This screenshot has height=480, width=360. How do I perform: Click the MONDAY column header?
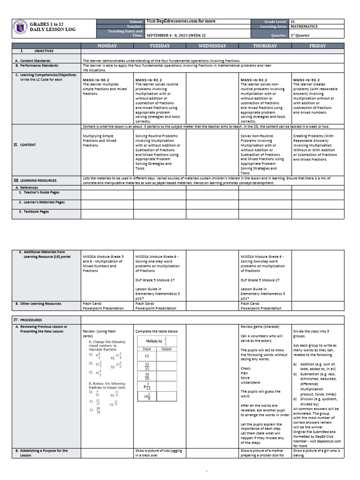click(x=107, y=45)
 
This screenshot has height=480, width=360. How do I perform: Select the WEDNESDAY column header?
click(x=212, y=45)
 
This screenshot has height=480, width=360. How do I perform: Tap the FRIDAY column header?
click(x=318, y=45)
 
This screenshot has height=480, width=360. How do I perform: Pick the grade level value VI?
click(x=292, y=22)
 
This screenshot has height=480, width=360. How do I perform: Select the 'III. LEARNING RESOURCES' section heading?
click(x=35, y=180)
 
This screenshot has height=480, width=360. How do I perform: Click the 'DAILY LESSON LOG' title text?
click(x=52, y=30)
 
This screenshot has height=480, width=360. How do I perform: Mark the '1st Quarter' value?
click(x=300, y=35)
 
